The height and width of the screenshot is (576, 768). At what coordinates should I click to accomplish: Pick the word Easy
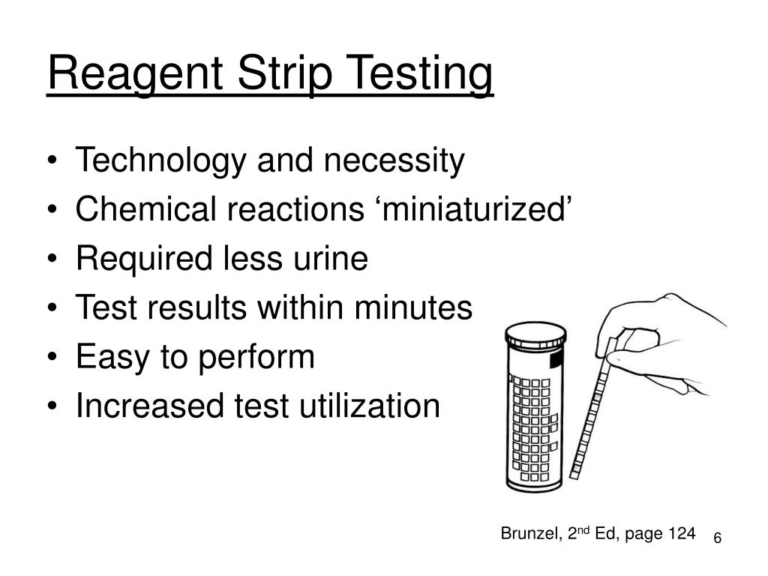(x=110, y=358)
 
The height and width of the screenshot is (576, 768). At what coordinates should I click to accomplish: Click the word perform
(x=256, y=358)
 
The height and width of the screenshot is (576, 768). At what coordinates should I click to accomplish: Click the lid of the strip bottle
(x=534, y=333)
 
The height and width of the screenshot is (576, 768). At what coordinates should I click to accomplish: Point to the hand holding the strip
(x=667, y=337)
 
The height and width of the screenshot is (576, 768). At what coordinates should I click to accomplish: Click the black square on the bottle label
(x=556, y=361)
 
